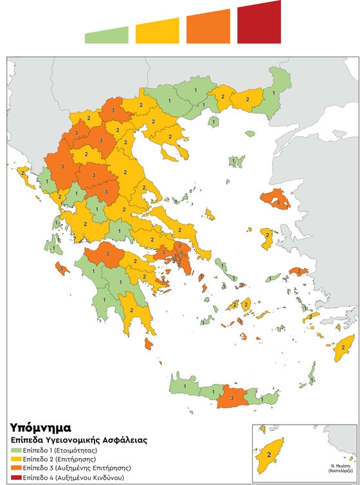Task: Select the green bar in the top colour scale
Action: point(107,36)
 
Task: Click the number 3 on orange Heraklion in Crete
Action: point(232,398)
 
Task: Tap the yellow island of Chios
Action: point(266,238)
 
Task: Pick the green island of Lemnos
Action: point(237,161)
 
